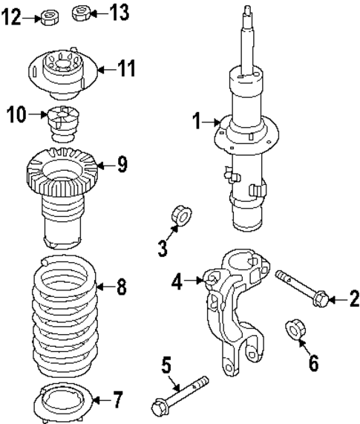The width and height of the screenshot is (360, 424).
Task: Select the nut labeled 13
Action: [x=82, y=13]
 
